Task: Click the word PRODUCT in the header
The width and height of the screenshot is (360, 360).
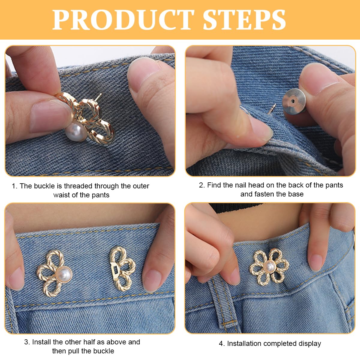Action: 123,20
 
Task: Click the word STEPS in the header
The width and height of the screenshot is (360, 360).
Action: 244,20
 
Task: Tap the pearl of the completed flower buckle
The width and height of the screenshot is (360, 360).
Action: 269,266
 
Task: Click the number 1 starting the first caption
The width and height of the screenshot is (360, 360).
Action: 13,186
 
